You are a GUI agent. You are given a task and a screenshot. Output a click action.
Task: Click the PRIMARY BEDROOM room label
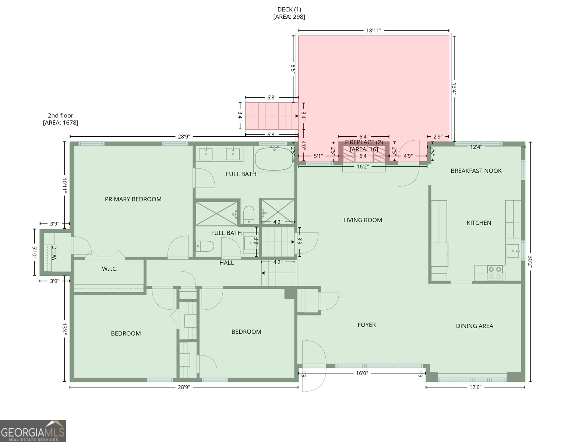(133, 199)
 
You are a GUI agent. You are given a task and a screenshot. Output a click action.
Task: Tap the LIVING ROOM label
(363, 220)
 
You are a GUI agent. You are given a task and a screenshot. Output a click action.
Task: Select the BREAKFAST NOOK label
(476, 171)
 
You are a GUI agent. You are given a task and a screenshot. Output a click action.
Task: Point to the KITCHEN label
(479, 223)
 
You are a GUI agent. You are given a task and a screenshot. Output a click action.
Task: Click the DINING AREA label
(475, 326)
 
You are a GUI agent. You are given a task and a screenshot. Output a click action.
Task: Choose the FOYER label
(367, 325)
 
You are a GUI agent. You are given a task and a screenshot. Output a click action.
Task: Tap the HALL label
(226, 263)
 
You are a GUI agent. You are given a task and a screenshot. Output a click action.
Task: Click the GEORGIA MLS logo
(33, 431)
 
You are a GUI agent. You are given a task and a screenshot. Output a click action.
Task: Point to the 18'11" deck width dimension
(374, 31)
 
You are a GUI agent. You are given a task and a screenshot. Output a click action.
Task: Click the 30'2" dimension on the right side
(530, 262)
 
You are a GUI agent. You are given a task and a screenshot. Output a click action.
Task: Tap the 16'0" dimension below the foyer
(362, 373)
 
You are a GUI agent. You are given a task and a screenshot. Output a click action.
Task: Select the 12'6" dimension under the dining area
(475, 387)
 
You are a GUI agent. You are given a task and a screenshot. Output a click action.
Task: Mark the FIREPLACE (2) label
(364, 143)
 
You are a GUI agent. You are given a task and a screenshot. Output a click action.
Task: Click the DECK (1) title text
(289, 10)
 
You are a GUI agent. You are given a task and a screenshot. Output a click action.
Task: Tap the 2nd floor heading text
(60, 116)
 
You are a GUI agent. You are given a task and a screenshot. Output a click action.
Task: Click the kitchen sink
(513, 251)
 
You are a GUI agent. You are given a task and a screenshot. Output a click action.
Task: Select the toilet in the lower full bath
(205, 246)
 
